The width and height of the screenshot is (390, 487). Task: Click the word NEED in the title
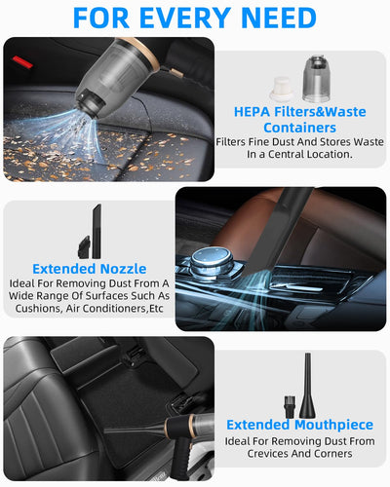coord(279,18)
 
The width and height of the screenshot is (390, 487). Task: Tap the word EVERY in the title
coord(185,18)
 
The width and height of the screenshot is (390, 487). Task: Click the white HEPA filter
coord(282,88)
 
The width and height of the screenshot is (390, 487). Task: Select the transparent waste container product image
coord(317,79)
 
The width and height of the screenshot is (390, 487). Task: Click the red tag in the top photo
coord(22,62)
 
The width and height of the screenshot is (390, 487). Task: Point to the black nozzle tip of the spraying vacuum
coord(90,103)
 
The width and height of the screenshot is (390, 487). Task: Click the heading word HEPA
coord(252,112)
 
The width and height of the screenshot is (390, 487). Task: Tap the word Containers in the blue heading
coord(299,128)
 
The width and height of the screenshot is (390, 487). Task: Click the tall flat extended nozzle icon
coord(97,231)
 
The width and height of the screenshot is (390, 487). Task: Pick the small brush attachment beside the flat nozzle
coord(84,247)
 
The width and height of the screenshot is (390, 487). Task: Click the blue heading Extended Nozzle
coord(90,269)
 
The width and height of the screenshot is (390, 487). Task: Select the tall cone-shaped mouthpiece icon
coord(307,386)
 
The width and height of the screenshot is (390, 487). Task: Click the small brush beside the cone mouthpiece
coord(290,407)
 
